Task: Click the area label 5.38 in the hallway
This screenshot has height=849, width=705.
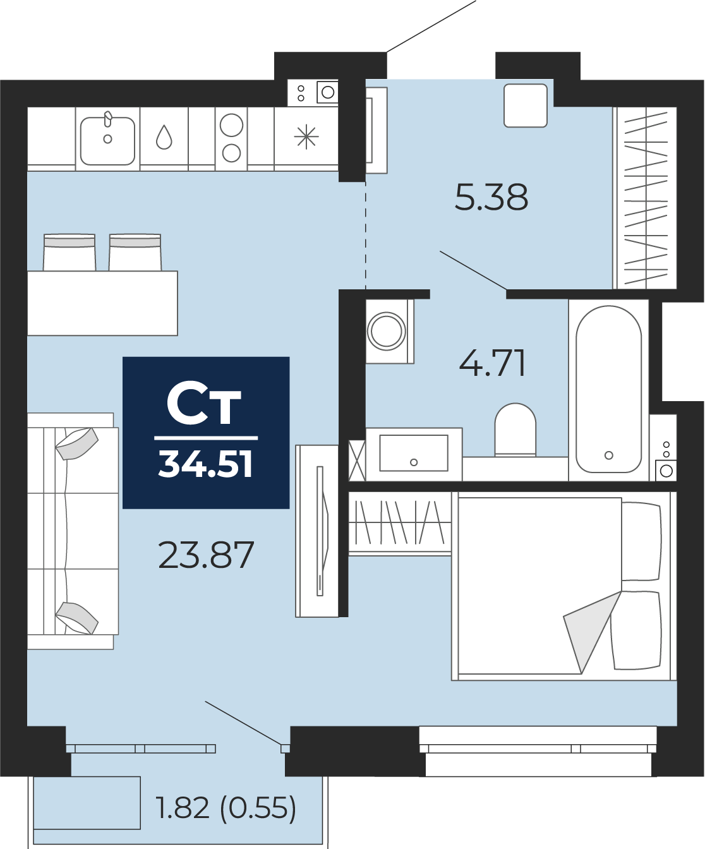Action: tap(491, 197)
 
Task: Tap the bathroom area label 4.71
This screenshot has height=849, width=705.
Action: tap(492, 363)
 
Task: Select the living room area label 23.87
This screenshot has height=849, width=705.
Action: tap(206, 555)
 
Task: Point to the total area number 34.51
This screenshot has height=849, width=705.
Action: tap(206, 464)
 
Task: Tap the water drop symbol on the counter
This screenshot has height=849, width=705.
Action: tap(164, 137)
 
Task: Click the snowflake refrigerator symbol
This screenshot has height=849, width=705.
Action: tap(306, 138)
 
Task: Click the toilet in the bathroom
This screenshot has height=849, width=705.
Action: tap(515, 430)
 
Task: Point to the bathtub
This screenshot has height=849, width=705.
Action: tap(608, 390)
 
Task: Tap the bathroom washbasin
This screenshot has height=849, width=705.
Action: tap(414, 454)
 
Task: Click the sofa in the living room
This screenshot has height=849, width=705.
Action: tap(73, 531)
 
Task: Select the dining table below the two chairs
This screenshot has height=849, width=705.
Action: tap(102, 303)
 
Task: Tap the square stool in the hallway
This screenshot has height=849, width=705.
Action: tap(526, 105)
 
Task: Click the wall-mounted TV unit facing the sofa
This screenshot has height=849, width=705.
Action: tap(317, 531)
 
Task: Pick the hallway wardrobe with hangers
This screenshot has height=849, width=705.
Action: tap(645, 198)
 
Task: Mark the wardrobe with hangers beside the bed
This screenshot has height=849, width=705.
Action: tap(400, 524)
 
